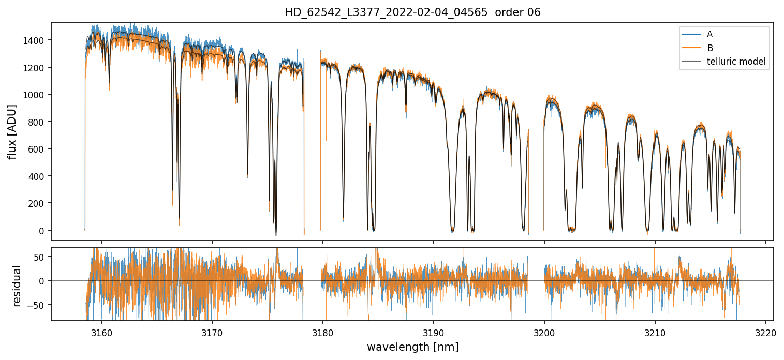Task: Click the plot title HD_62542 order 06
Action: pyautogui.click(x=412, y=12)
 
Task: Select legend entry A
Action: pyautogui.click(x=709, y=34)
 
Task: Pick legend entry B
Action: pyautogui.click(x=709, y=48)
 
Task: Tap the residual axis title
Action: pyautogui.click(x=17, y=285)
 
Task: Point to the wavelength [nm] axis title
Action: pyautogui.click(x=412, y=347)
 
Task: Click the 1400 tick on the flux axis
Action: pyautogui.click(x=36, y=40)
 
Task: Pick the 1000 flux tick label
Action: pyautogui.click(x=36, y=95)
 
